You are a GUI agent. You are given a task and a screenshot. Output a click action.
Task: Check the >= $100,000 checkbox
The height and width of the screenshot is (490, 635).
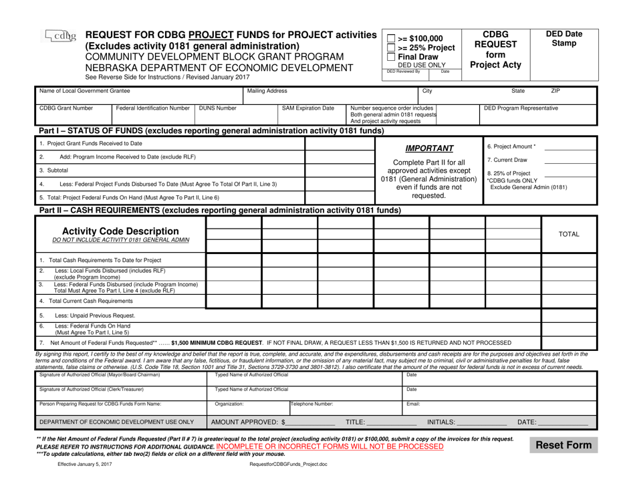391,38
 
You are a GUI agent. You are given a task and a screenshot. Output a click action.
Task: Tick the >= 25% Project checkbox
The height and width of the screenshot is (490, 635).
391,47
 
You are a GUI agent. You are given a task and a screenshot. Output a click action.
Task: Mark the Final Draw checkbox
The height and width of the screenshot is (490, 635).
391,57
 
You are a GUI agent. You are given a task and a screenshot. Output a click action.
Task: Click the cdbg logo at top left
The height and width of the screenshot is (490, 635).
59,37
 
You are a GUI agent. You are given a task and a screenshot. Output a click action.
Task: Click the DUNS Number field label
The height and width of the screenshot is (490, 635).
217,107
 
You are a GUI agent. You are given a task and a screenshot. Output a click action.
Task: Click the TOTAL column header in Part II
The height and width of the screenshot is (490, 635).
569,235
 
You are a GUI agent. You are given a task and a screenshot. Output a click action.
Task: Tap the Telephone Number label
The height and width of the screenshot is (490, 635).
312,404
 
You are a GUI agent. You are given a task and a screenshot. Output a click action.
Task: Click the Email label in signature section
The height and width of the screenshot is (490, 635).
413,404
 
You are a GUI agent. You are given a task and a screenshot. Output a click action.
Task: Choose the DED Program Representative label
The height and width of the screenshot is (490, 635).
519,107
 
